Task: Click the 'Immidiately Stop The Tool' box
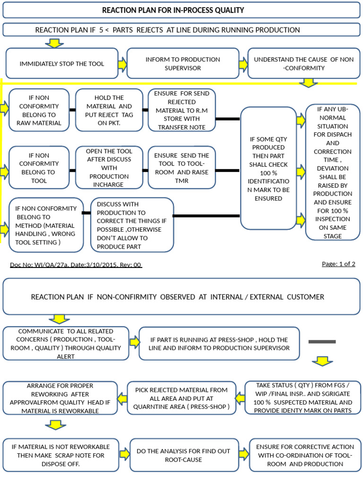point(61,63)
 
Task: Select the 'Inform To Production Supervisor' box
point(182,63)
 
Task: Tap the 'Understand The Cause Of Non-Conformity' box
point(303,63)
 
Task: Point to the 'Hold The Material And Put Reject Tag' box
point(109,110)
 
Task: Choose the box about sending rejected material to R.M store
point(181,110)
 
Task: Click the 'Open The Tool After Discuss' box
point(109,167)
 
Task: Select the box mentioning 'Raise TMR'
point(181,167)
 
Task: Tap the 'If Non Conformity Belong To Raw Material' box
point(39,110)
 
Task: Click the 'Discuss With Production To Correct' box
point(132,225)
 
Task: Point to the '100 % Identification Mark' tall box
point(268,168)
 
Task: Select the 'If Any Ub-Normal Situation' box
point(332,172)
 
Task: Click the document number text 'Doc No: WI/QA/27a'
point(76,265)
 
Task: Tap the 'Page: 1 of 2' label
point(338,264)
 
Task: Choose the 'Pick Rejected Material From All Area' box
point(181,398)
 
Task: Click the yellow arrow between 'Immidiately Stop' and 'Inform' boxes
point(122,63)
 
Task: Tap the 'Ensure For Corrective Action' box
point(304,455)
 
